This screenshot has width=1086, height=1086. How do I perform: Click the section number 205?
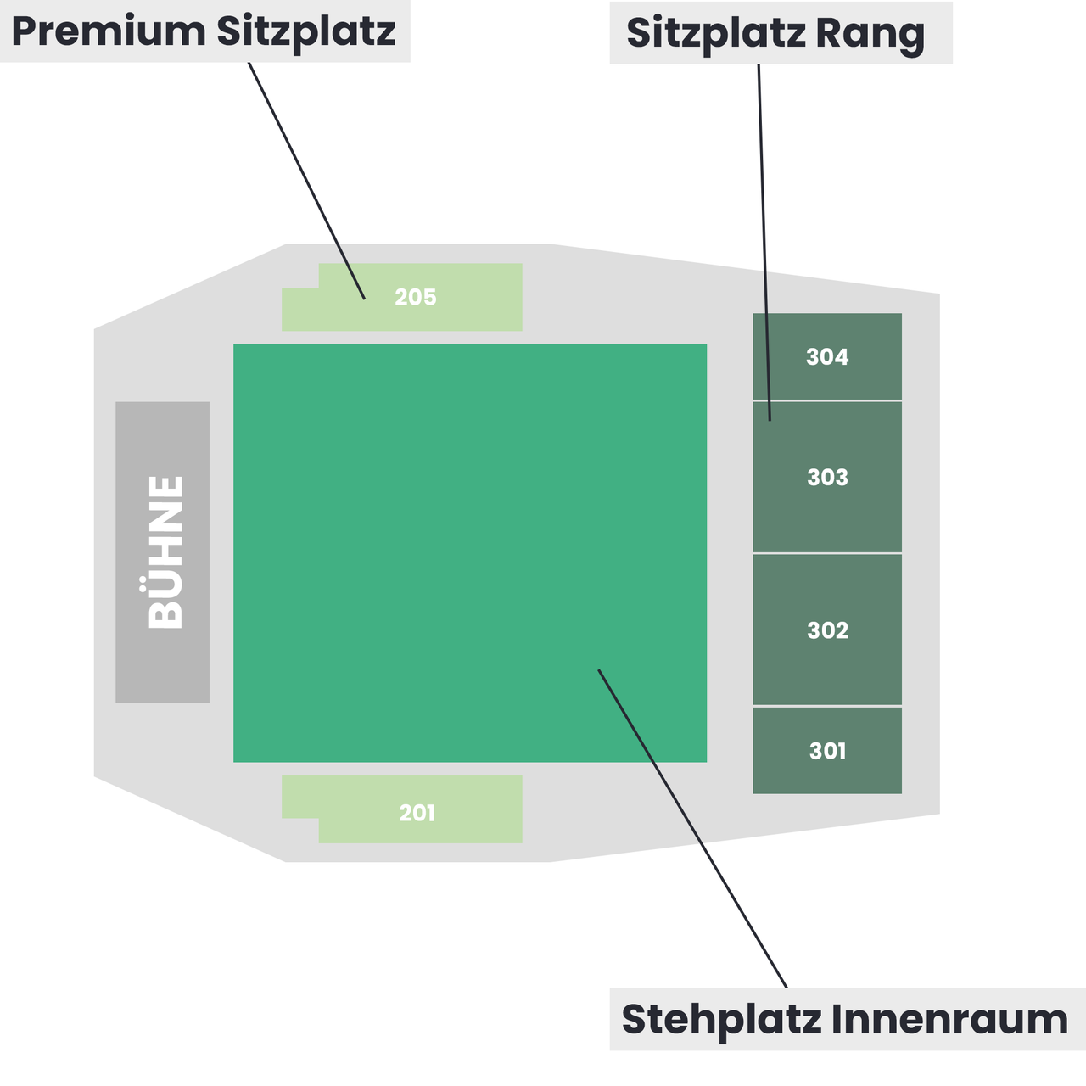(x=416, y=297)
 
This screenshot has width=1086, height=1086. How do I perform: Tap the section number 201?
(x=417, y=813)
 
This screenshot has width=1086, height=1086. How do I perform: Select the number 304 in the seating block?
(x=826, y=356)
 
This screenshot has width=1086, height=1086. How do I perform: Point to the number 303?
(x=827, y=478)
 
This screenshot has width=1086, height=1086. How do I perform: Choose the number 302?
(x=827, y=630)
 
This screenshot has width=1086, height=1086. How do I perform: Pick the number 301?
(x=827, y=751)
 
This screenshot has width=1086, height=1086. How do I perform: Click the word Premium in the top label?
(x=109, y=31)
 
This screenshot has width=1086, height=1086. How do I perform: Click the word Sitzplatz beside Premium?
(x=305, y=33)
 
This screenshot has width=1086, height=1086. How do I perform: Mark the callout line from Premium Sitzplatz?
(x=307, y=181)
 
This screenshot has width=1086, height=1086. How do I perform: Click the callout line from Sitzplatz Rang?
(x=764, y=243)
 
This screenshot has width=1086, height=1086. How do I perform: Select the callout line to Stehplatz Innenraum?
(x=692, y=829)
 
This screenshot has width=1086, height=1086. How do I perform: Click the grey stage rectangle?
(x=162, y=552)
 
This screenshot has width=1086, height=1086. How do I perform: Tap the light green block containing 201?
(x=402, y=809)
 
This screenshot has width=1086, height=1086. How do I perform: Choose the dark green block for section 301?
(x=827, y=751)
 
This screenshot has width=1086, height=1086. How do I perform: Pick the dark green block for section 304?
(x=827, y=356)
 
